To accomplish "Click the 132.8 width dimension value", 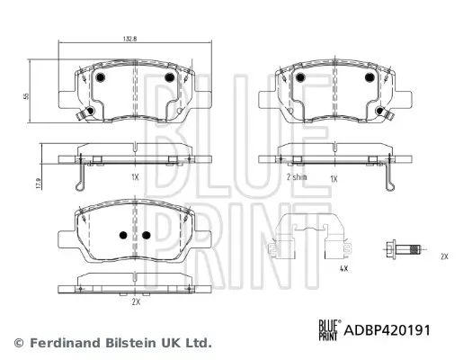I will [x=132, y=39].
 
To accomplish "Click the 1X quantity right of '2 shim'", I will [x=334, y=179].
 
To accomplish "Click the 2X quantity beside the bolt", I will [x=444, y=256].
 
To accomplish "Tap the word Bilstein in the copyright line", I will [x=129, y=343].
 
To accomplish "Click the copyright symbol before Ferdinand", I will [x=18, y=343].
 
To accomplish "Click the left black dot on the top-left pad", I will [x=100, y=78].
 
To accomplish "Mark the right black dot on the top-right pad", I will [x=369, y=78].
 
